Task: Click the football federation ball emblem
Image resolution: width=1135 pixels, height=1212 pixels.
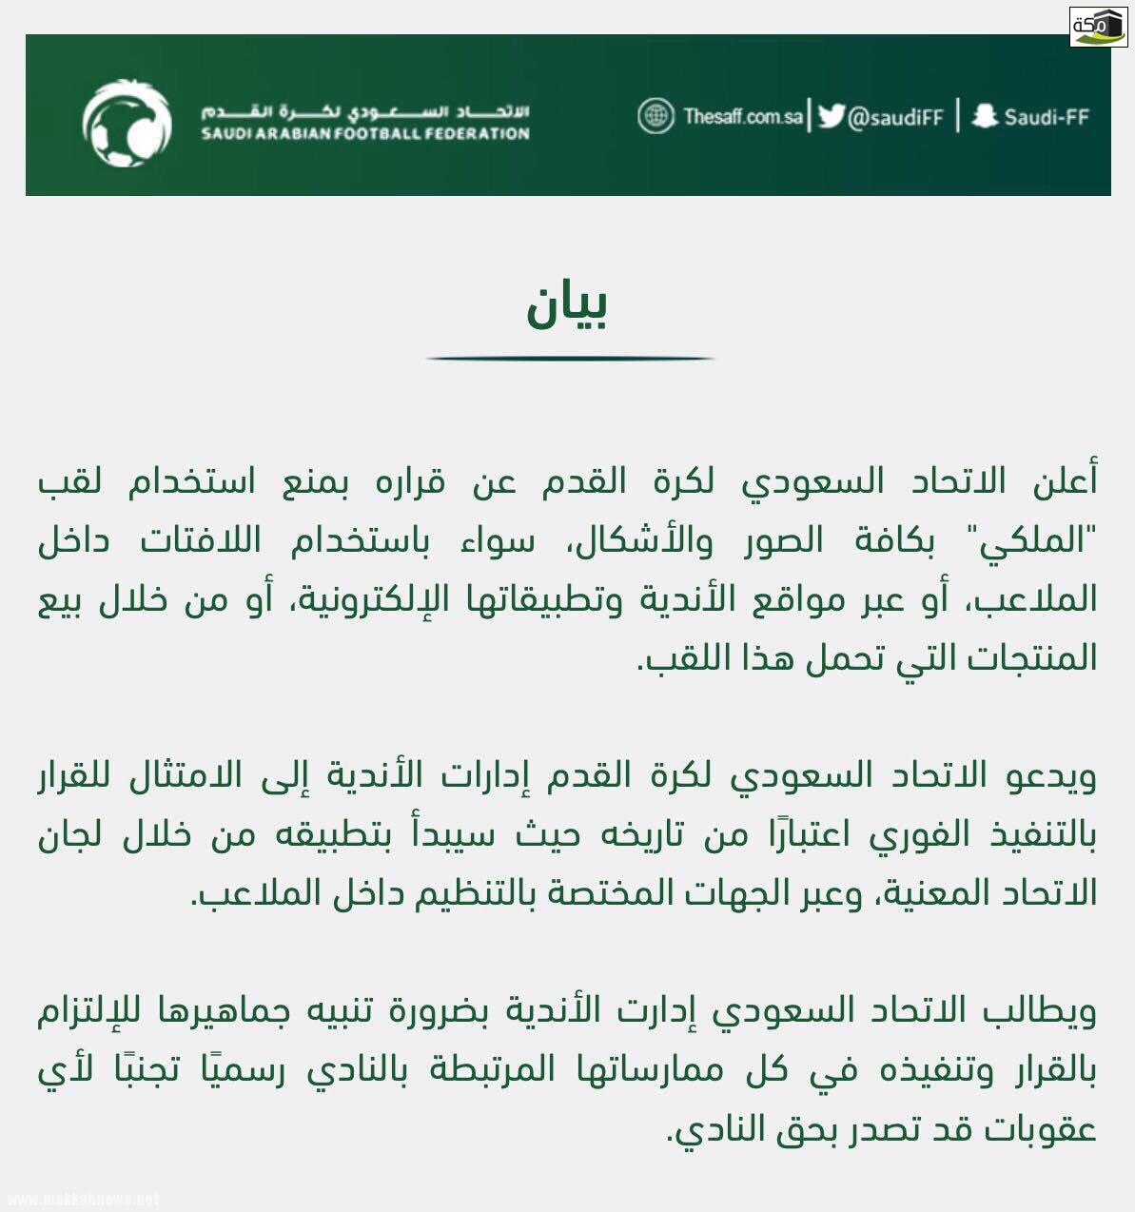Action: click(x=127, y=122)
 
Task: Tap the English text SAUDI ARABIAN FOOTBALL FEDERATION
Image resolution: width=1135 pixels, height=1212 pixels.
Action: click(x=364, y=134)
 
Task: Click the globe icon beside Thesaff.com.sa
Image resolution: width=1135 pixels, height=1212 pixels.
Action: click(x=656, y=116)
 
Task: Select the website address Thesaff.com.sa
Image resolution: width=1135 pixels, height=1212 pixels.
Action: click(x=742, y=117)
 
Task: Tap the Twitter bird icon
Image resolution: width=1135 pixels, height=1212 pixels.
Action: click(x=831, y=116)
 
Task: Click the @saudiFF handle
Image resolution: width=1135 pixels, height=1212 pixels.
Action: click(x=894, y=117)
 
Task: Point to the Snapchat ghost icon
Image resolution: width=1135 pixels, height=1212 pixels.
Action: click(x=985, y=116)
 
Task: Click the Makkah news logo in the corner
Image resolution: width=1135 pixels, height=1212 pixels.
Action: click(x=1098, y=26)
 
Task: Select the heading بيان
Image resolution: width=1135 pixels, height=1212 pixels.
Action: click(x=567, y=304)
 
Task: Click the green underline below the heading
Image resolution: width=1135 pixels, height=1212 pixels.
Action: click(x=569, y=359)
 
